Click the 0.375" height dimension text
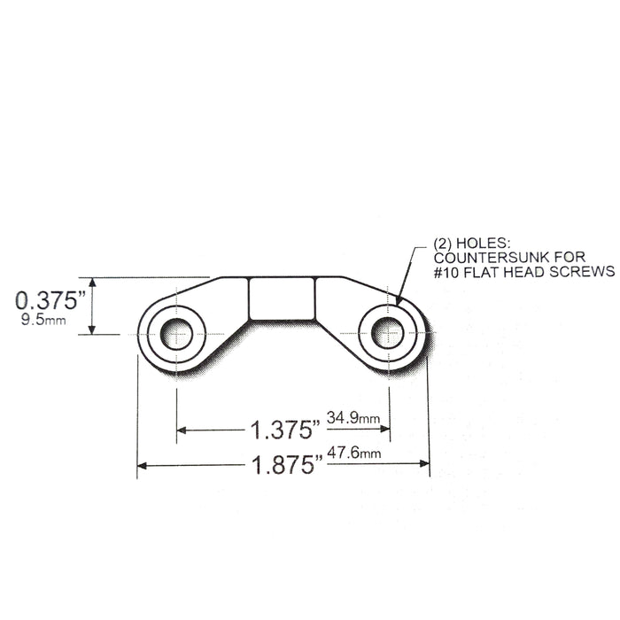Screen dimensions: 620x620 tap(50, 300)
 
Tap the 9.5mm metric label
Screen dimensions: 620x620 tap(43, 320)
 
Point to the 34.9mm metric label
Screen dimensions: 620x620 tap(353, 417)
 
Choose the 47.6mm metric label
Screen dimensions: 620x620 tap(354, 453)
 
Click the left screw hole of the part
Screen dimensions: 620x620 tap(176, 334)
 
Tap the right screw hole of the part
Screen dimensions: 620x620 tap(388, 333)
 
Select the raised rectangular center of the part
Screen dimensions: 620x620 tap(282, 299)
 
